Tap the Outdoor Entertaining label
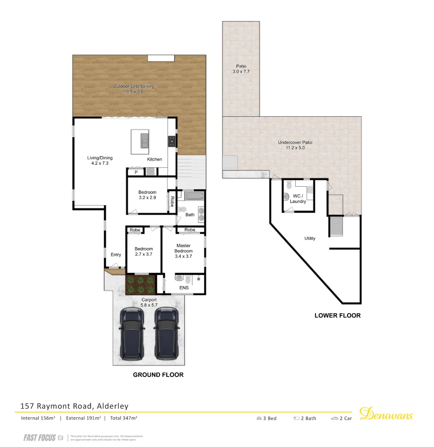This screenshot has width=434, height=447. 133,86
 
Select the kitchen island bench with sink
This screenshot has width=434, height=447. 140,142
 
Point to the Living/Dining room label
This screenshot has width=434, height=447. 100,158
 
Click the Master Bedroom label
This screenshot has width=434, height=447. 183,248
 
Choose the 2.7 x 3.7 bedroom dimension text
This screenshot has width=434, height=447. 144,254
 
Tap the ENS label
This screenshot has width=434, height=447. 184,288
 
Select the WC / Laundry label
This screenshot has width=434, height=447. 298,198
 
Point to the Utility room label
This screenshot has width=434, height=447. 310,238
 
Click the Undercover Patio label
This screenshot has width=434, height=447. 295,142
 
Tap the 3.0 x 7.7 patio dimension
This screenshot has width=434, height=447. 241,72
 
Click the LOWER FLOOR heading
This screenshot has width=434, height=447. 338,315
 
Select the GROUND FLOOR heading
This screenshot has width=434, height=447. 158,375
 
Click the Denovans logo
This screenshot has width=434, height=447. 386,414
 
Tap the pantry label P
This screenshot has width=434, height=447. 135,172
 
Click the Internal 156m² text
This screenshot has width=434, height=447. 38,418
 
